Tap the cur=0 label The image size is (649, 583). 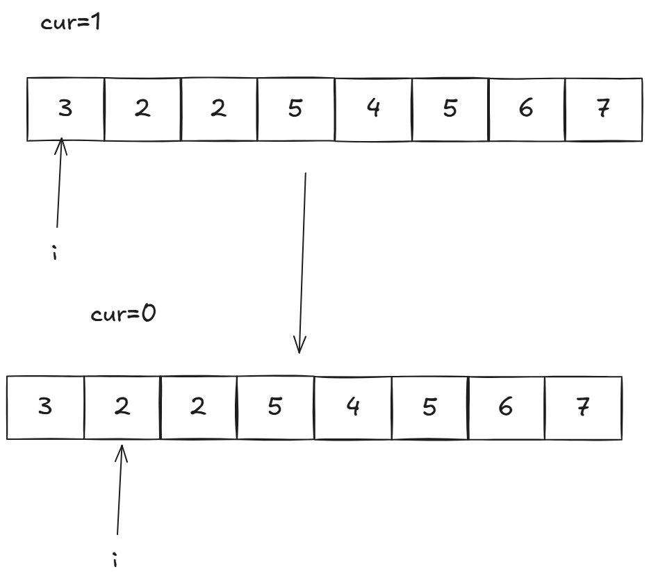pyautogui.click(x=124, y=313)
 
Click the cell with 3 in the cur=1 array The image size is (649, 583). pyautogui.click(x=65, y=109)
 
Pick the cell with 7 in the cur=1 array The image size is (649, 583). pyautogui.click(x=603, y=109)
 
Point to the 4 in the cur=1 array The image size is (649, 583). pyautogui.click(x=372, y=109)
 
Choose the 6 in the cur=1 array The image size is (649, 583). pyautogui.click(x=526, y=109)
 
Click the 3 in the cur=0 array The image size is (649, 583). pyautogui.click(x=45, y=407)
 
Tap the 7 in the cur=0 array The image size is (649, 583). pyautogui.click(x=582, y=407)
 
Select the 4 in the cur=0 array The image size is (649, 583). pyautogui.click(x=352, y=407)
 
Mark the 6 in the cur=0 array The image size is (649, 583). pyautogui.click(x=505, y=407)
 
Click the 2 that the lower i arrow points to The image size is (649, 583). pyautogui.click(x=122, y=407)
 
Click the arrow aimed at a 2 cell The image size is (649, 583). pyautogui.click(x=120, y=489)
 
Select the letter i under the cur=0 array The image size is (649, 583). pyautogui.click(x=115, y=559)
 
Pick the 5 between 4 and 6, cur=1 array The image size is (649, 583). pyautogui.click(x=450, y=109)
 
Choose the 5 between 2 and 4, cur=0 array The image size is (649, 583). pyautogui.click(x=275, y=407)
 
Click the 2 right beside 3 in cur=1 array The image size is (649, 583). pyautogui.click(x=142, y=109)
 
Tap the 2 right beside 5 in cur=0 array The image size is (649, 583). pyautogui.click(x=199, y=407)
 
